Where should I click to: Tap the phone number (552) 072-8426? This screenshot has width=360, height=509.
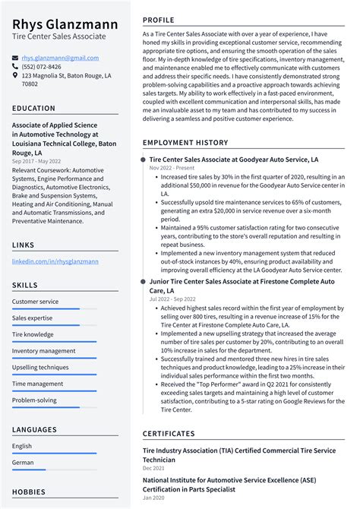[x=42, y=66]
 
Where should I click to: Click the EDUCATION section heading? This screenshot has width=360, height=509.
[x=33, y=109]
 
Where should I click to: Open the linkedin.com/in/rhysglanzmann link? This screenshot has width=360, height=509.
[x=55, y=261]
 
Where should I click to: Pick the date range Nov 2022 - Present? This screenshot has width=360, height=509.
[x=172, y=167]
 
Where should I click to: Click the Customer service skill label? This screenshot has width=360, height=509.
[x=35, y=302]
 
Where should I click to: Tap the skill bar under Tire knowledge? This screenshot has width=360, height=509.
[x=54, y=342]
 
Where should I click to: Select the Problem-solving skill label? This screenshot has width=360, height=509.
[x=34, y=400]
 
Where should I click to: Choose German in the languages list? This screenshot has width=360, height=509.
[x=23, y=462]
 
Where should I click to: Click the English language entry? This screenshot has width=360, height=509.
[x=22, y=446]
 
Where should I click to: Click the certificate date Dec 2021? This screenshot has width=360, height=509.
[x=153, y=468]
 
